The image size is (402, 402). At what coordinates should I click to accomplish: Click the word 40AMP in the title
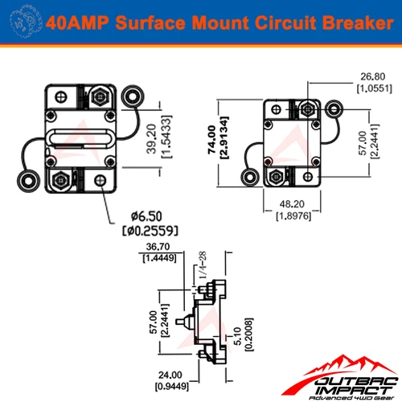tap(79, 22)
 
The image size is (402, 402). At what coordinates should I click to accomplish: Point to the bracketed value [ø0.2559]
tap(150, 232)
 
